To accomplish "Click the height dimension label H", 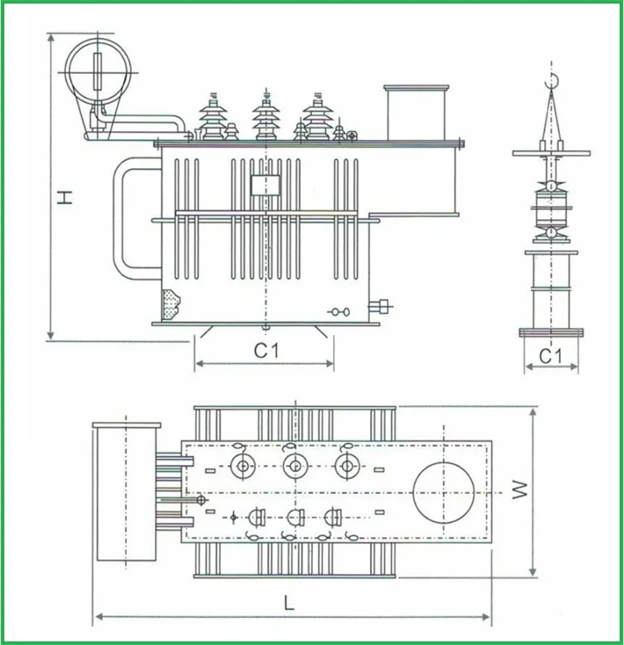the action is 65,198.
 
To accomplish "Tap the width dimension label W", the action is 519,490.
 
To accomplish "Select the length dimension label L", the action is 289,603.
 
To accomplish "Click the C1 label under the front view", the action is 266,351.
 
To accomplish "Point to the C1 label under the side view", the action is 550,356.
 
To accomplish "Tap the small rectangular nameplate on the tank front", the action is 265,185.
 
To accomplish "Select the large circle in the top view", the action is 443,492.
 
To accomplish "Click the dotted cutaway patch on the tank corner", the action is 171,304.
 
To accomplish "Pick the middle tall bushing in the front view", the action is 266,117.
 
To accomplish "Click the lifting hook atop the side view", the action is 551,81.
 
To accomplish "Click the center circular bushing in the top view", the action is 295,466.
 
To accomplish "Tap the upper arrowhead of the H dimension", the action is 51,38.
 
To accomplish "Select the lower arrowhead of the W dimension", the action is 533,571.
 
